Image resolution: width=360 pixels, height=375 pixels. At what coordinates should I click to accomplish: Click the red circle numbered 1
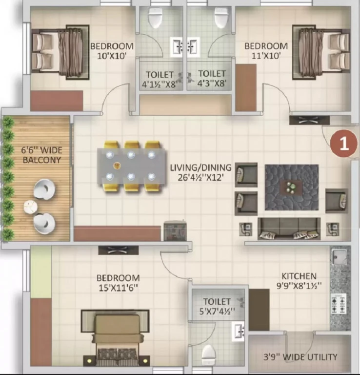(344, 144)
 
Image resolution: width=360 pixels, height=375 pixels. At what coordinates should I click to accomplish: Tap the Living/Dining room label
(200, 167)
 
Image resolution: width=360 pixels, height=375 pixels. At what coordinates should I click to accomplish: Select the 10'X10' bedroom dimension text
(112, 56)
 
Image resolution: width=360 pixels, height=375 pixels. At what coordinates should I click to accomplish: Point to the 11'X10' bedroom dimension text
(266, 56)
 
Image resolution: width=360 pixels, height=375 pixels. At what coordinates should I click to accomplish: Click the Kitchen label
(299, 276)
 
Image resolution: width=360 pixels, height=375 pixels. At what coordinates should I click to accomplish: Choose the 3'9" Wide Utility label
(300, 357)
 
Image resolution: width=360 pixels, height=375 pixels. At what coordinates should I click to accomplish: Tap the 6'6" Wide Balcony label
(42, 155)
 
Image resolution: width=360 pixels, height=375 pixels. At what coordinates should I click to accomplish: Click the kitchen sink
(338, 256)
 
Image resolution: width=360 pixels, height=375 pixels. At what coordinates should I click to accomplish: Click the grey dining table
(132, 166)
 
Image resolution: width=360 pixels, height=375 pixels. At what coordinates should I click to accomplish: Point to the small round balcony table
(31, 207)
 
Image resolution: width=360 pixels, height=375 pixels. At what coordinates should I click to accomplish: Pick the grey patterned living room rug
(291, 187)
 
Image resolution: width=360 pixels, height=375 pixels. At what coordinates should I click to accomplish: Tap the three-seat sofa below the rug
(289, 229)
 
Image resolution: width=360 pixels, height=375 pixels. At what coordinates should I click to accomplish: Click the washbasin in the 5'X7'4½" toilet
(238, 331)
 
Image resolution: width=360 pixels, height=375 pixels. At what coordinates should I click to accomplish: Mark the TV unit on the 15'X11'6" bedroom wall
(118, 250)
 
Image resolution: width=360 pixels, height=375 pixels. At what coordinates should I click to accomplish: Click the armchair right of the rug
(337, 201)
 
